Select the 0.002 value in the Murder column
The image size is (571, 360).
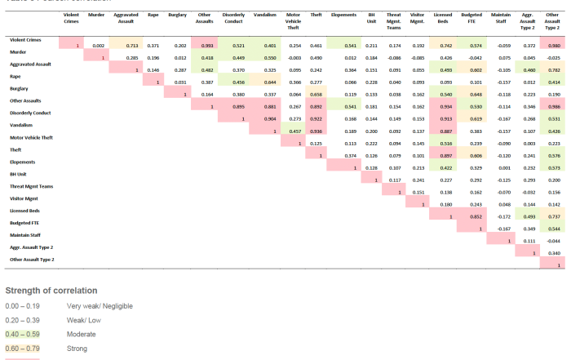[98, 45]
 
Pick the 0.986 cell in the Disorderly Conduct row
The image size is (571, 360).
[556, 106]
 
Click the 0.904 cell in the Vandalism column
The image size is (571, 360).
[269, 118]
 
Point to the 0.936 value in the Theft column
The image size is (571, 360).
[316, 131]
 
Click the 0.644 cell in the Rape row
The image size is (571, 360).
[269, 82]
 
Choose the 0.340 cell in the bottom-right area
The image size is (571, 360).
[556, 253]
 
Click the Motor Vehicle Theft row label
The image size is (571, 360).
[32, 138]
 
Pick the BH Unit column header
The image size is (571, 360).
[371, 17]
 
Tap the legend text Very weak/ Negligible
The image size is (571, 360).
[100, 306]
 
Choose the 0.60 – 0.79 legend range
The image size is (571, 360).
[22, 348]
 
